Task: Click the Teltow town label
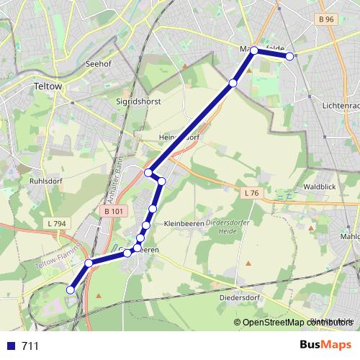point(50,85)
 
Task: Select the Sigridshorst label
point(137,102)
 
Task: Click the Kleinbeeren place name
point(185,223)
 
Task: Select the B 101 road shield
point(114,211)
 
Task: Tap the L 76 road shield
point(251,193)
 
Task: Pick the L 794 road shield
point(58,224)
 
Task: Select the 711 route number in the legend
point(30,346)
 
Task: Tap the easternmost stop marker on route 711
point(289,55)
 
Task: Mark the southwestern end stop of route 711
point(71,289)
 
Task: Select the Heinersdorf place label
point(179,136)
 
